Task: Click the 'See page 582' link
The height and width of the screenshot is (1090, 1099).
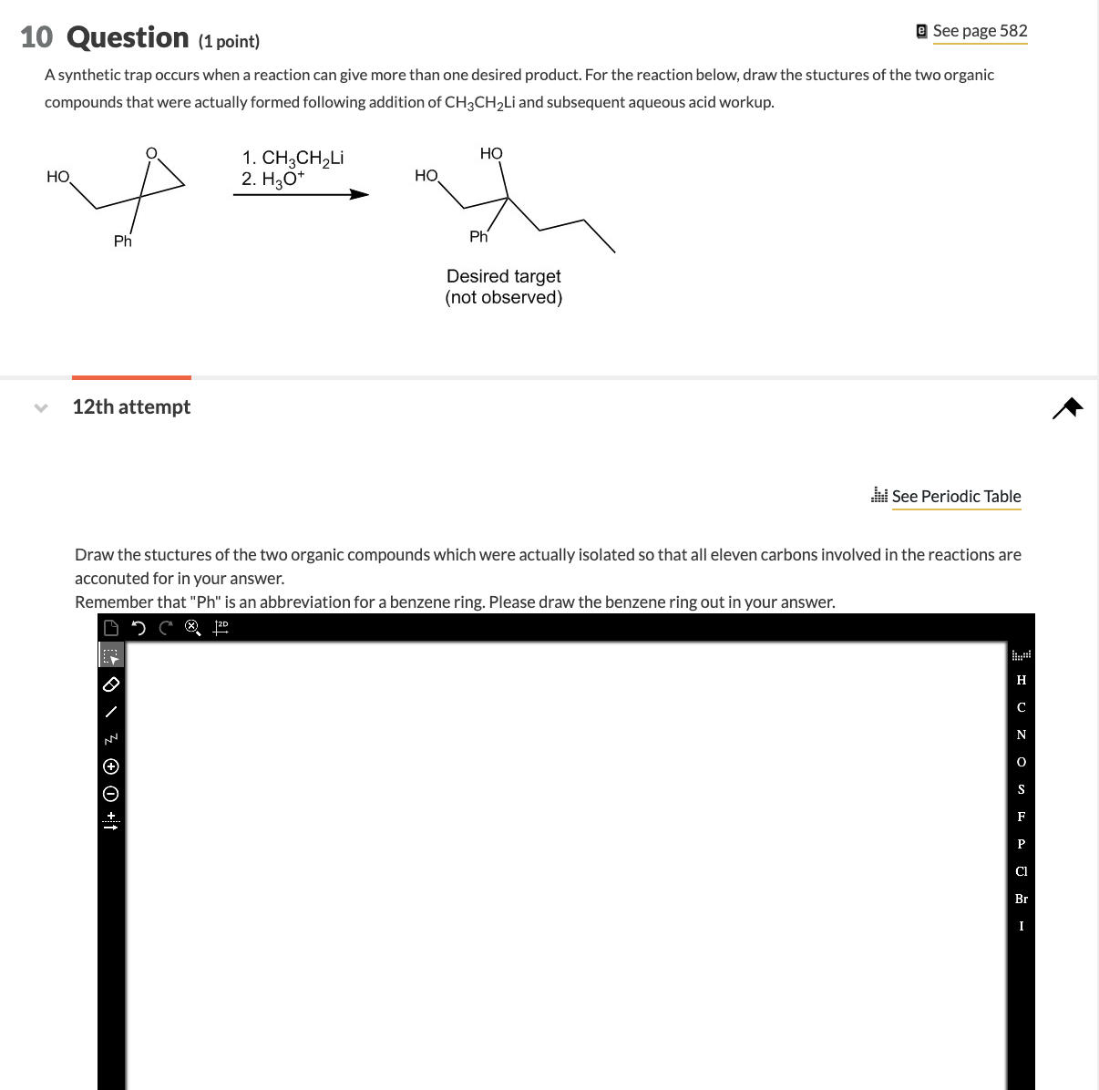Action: tap(979, 31)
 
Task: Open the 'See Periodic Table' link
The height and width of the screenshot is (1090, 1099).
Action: tap(955, 496)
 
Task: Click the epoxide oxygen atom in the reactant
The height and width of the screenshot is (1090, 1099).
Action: tap(152, 152)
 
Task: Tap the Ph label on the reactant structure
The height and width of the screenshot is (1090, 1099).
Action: tap(123, 242)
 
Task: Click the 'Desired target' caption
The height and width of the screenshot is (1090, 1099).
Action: tap(503, 276)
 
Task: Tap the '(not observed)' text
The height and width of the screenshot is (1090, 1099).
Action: tap(503, 298)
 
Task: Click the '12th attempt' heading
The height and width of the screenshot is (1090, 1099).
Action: tap(131, 406)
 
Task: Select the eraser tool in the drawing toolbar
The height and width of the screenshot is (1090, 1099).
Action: tap(111, 684)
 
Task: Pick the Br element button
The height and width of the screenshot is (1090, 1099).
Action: tap(1021, 899)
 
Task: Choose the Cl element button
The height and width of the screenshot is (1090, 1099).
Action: tap(1021, 871)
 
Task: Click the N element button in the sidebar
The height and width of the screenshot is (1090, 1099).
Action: tap(1021, 735)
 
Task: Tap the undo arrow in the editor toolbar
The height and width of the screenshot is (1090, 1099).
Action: tap(139, 627)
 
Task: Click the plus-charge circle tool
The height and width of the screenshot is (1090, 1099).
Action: tap(111, 766)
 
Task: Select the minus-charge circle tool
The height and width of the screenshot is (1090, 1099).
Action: tap(111, 793)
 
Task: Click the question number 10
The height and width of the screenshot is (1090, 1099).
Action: tap(36, 37)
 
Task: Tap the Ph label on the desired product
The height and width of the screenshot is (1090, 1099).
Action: tap(478, 237)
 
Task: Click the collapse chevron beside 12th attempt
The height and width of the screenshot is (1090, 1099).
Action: tap(40, 407)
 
